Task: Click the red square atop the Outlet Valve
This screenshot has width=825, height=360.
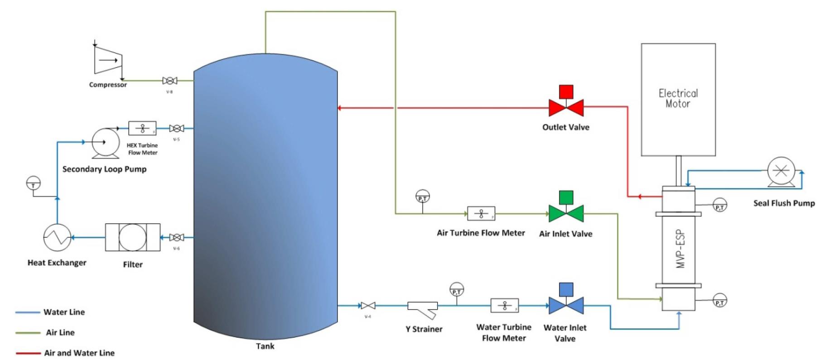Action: coord(566,92)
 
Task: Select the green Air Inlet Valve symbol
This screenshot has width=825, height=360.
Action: coord(566,213)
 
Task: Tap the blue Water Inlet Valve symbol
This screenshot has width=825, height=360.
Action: coord(566,306)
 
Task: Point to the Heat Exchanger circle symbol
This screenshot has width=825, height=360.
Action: coord(57,237)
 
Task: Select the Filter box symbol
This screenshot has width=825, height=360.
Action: coord(132,237)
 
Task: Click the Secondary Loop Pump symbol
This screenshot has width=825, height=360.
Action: coord(106,143)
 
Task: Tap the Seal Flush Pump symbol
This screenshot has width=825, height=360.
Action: coord(781,171)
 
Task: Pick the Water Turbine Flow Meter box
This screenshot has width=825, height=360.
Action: coord(504,306)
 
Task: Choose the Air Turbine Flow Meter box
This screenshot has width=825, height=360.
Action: coord(481,213)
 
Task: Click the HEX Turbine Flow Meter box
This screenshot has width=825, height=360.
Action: coord(142,129)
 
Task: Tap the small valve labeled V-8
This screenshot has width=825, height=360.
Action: coord(169,81)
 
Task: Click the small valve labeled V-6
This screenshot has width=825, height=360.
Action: coord(176,237)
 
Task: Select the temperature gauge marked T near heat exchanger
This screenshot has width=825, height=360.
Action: coord(33,183)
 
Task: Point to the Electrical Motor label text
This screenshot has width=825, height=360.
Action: coord(678,98)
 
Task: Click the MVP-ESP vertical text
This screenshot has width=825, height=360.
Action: coord(680,249)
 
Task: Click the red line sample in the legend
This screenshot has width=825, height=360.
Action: coord(28,353)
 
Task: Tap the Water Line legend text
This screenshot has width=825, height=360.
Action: coord(64,312)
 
